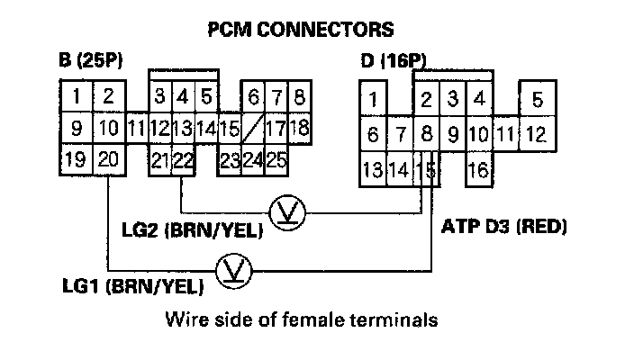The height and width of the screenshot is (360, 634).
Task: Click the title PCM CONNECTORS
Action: tap(300, 29)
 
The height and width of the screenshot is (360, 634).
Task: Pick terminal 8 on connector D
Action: tap(426, 135)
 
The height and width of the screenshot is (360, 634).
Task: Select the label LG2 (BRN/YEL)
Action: tap(192, 231)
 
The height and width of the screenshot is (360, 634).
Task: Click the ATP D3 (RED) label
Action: tap(504, 227)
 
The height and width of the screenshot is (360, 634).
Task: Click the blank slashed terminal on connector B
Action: tap(253, 128)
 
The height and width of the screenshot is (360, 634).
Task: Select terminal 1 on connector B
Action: tap(78, 96)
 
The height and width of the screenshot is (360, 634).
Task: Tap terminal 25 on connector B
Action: tap(276, 161)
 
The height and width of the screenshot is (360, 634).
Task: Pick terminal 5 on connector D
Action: tap(537, 100)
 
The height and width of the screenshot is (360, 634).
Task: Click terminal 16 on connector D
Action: tap(478, 169)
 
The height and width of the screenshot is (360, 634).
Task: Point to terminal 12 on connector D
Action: tap(536, 135)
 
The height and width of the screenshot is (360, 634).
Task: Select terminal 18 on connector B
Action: tap(299, 128)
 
